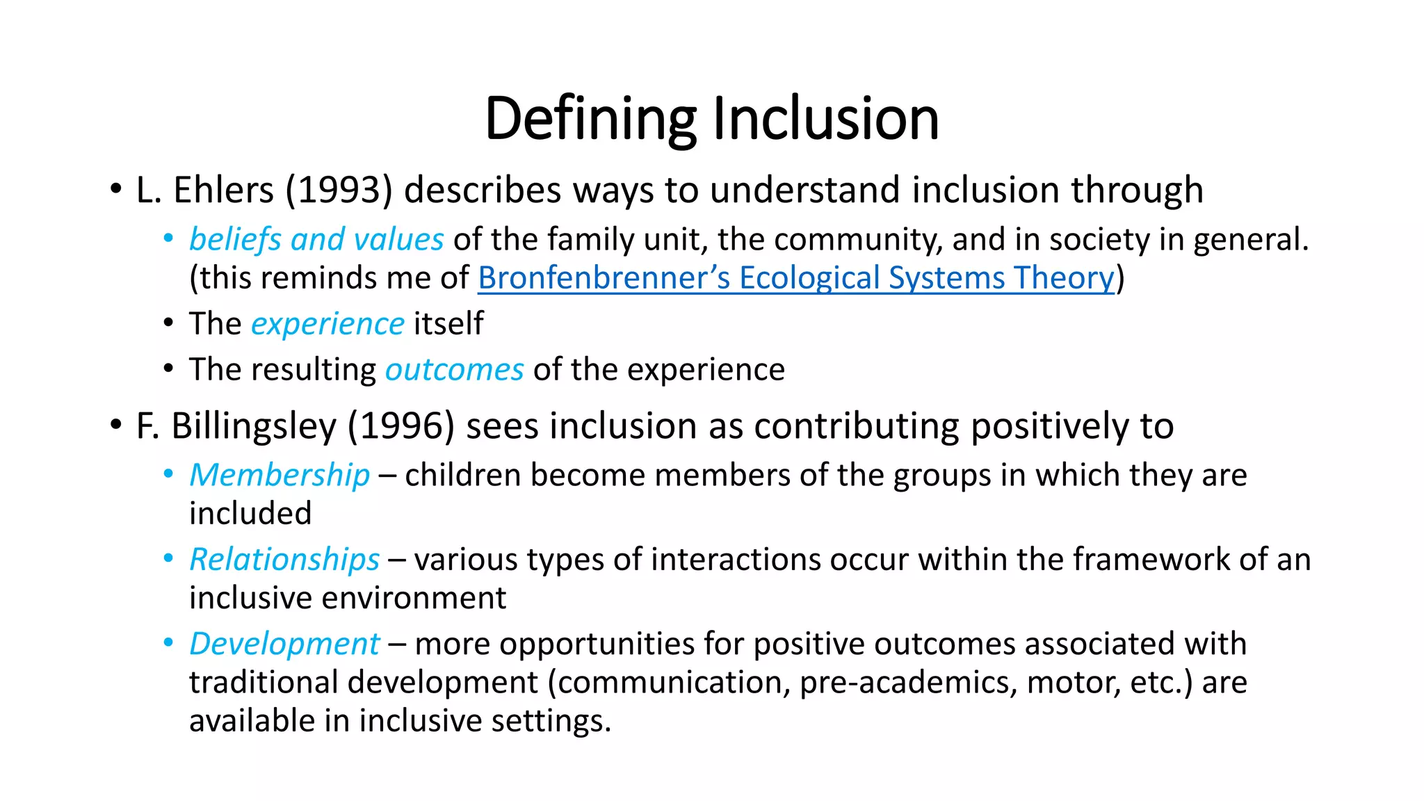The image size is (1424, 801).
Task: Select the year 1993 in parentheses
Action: click(339, 190)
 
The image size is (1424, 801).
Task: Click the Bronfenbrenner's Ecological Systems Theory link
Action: click(795, 278)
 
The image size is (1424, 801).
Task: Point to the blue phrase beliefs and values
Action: click(316, 239)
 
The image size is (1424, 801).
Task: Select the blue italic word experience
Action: click(327, 324)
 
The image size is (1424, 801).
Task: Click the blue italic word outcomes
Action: click(454, 369)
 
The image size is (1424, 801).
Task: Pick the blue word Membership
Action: click(280, 475)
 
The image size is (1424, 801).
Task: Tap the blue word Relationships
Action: click(284, 560)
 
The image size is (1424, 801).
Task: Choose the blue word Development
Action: click(284, 644)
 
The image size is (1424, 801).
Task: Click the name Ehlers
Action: click(223, 190)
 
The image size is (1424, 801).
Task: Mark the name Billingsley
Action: click(254, 426)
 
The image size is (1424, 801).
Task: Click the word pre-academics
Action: click(908, 682)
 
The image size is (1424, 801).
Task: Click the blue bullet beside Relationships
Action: click(168, 558)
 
